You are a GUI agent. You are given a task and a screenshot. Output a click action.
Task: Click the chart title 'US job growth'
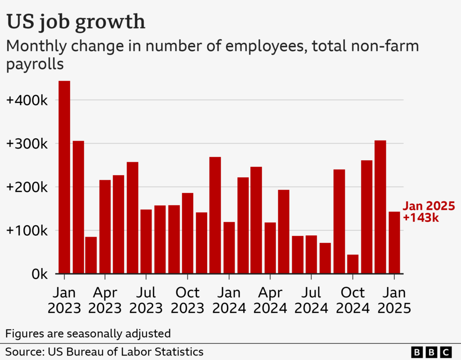point(76,22)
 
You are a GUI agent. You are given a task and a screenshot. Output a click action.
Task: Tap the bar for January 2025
point(394,243)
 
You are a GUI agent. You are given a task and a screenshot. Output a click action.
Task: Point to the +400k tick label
point(27,100)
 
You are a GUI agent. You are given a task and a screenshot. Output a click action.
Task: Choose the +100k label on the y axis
point(27,231)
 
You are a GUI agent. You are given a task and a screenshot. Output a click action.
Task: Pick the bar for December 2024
point(380,207)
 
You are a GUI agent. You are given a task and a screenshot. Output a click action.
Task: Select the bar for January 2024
point(229,247)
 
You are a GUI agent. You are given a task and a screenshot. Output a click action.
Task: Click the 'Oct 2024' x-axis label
point(353,300)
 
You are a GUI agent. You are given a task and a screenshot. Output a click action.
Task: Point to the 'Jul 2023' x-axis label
point(146,300)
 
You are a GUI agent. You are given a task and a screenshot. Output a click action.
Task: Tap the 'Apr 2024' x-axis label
point(270,300)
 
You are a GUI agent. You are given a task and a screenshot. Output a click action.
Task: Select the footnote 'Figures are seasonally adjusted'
point(88,333)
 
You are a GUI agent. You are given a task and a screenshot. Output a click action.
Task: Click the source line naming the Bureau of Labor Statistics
point(104,351)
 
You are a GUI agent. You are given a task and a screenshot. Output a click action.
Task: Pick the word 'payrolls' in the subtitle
point(35,64)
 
